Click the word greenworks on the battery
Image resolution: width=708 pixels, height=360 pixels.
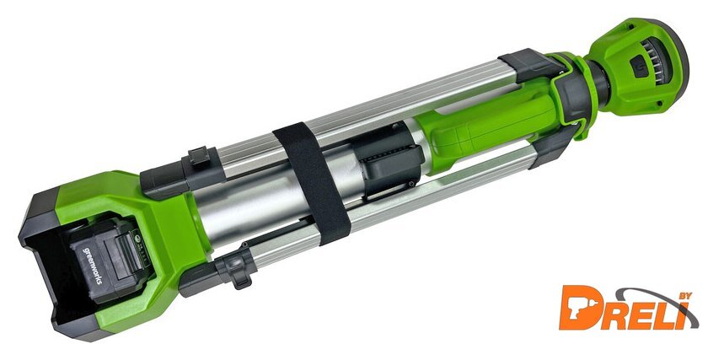[92, 265]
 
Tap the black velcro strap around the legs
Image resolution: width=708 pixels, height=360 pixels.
[313, 183]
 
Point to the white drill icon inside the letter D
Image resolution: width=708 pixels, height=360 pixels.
[579, 308]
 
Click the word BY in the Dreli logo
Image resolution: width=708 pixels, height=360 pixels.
[683, 296]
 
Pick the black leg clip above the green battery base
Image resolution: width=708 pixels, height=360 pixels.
[199, 156]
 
